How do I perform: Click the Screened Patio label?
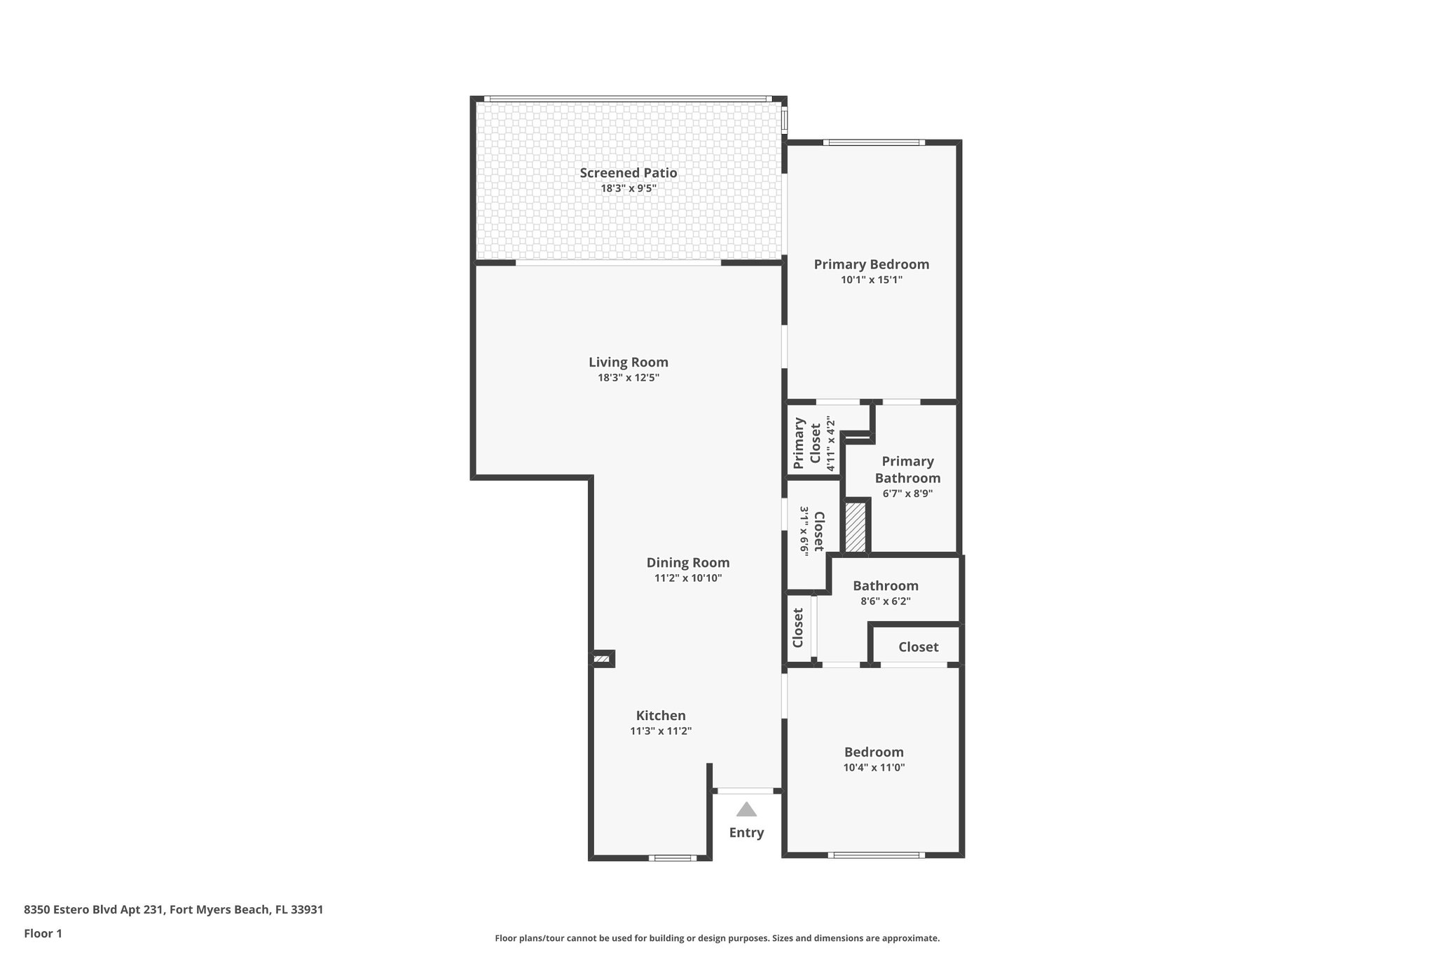click(x=628, y=172)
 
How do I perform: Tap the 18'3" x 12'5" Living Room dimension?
click(x=628, y=378)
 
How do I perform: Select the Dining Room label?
click(x=687, y=562)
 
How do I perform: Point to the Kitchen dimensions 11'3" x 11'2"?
click(x=660, y=731)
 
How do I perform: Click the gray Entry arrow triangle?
click(x=746, y=810)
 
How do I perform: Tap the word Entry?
click(x=746, y=833)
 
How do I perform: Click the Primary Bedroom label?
click(x=871, y=264)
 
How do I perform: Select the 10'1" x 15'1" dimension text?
click(x=871, y=280)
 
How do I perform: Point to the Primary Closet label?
click(x=806, y=443)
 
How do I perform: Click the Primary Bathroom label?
click(x=907, y=470)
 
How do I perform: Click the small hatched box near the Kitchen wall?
click(x=602, y=659)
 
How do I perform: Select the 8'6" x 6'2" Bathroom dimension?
click(x=885, y=602)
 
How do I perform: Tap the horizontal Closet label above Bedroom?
click(x=918, y=647)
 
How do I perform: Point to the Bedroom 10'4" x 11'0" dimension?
click(x=874, y=768)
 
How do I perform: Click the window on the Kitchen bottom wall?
click(x=672, y=857)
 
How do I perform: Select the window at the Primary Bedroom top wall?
click(x=873, y=143)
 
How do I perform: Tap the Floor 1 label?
click(x=43, y=934)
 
